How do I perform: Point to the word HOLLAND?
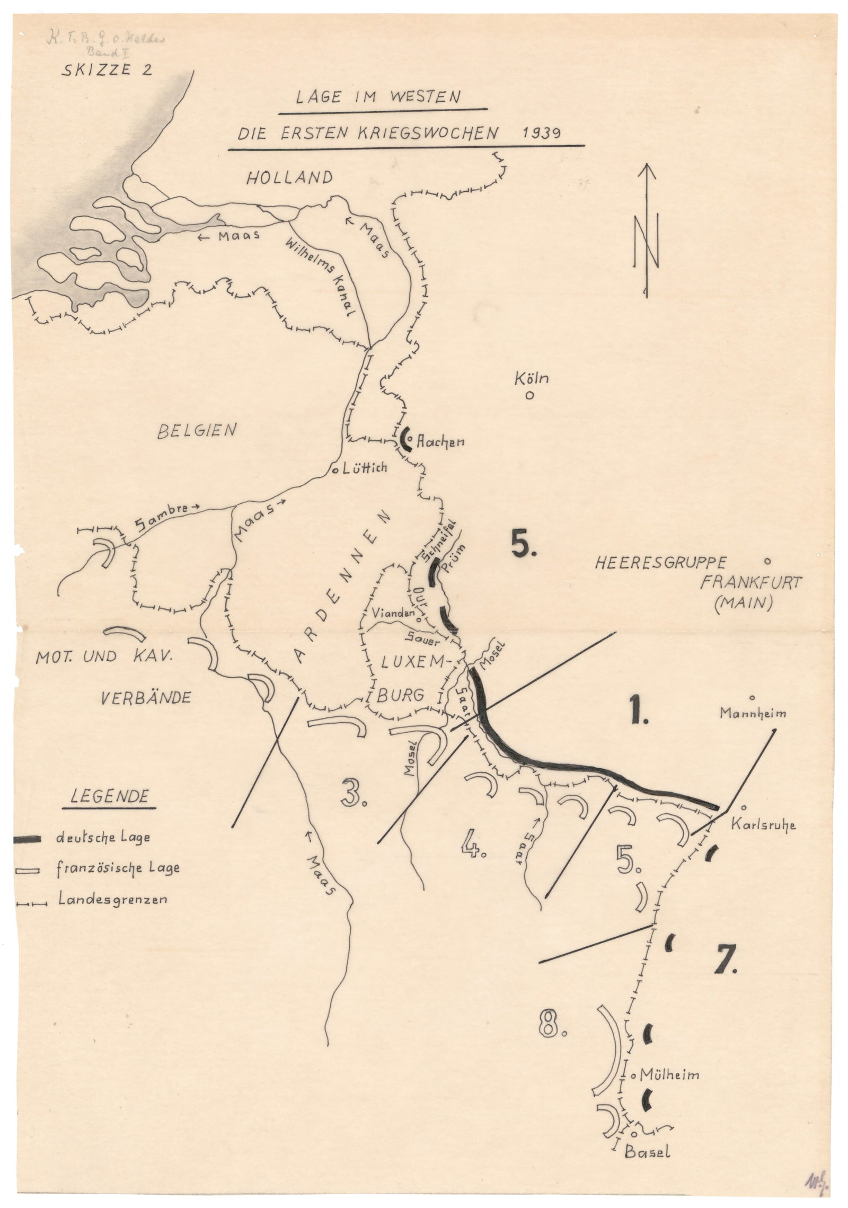click(289, 177)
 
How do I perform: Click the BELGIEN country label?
click(196, 431)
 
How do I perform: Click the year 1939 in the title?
click(541, 132)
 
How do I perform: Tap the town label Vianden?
click(393, 613)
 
